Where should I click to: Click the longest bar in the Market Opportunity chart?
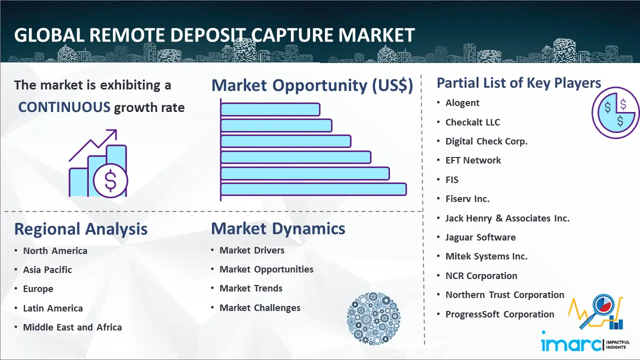[x=313, y=189]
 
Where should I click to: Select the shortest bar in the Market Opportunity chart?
[x=270, y=109]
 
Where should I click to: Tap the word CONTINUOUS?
[x=64, y=107]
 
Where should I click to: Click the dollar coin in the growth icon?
[x=110, y=181]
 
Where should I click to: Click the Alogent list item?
[x=462, y=103]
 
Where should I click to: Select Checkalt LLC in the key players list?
[x=472, y=122]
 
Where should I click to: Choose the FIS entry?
[x=451, y=179]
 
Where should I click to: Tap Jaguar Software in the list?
[x=480, y=237]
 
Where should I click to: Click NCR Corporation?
[x=481, y=275]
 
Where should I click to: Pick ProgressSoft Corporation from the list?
[x=499, y=314]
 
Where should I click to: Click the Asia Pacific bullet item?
[x=47, y=269]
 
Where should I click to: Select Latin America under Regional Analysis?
[x=53, y=308]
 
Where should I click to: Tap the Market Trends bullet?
[x=251, y=288]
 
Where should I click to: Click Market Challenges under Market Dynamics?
[x=260, y=307]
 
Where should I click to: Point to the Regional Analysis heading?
[x=81, y=229]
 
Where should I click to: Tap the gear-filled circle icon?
[x=373, y=318]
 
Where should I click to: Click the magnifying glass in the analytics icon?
[x=598, y=309]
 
